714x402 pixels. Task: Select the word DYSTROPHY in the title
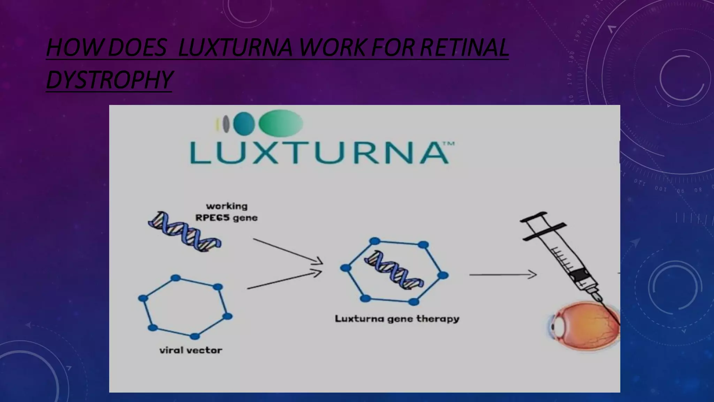[109, 80]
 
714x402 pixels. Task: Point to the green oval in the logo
[281, 123]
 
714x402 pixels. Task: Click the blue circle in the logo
[244, 123]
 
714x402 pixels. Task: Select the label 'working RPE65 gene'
[227, 212]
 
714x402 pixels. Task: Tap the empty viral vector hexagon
[185, 307]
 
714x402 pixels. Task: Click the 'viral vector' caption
[191, 350]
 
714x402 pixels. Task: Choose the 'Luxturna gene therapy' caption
[397, 319]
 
